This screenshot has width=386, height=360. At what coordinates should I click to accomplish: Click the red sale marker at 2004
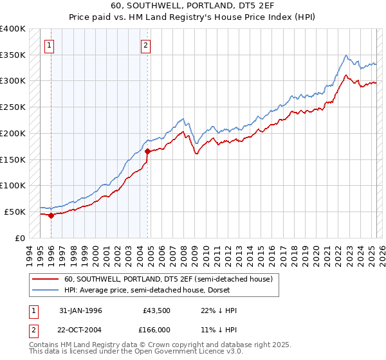click(147, 151)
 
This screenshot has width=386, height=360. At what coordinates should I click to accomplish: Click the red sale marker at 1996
click(51, 215)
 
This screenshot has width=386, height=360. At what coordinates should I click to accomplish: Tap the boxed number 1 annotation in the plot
click(50, 45)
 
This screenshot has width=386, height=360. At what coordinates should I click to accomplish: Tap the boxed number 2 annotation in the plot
click(146, 45)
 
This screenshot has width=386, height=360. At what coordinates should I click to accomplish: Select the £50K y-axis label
click(15, 212)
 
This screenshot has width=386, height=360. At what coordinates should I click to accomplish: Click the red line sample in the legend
click(46, 279)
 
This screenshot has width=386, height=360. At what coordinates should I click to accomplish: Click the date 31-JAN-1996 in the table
click(80, 310)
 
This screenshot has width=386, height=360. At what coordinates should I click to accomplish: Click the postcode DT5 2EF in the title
click(248, 5)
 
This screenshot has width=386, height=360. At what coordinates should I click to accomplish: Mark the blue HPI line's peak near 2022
click(346, 55)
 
